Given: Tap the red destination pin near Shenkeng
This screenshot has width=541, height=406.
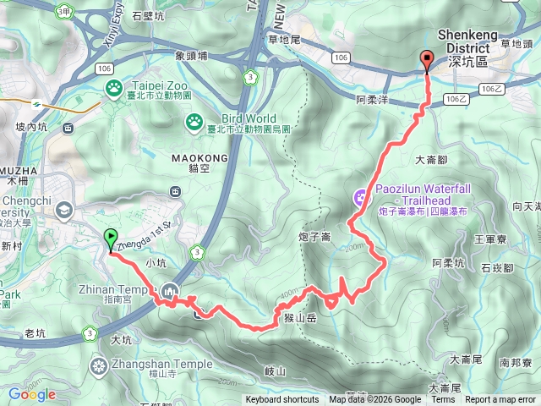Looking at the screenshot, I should coord(426,60).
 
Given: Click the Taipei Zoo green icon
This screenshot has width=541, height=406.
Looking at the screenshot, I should coord(113,86).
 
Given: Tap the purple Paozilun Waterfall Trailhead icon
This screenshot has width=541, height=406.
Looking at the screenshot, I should coord(361,199).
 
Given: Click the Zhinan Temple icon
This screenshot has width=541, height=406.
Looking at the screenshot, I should coord(171,290).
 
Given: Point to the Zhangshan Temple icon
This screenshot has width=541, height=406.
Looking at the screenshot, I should coord(100,365).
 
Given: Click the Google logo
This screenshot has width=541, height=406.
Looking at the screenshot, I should coord(32,394).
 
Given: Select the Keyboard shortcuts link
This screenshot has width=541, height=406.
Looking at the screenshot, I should coord(282,400).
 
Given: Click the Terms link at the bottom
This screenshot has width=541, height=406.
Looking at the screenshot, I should coord(443,400).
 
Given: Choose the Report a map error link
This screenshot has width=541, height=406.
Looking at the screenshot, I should coord(501,400).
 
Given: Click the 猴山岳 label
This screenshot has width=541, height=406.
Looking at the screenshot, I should coord(300,317).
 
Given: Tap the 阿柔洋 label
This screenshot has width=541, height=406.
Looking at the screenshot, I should coord(372,99).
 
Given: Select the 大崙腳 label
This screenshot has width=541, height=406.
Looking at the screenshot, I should coord(430,159).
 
